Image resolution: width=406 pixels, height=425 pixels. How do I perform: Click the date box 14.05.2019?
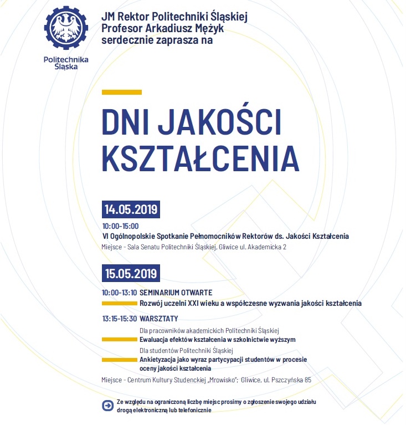pos(131,210)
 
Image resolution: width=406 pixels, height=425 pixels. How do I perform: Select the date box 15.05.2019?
pos(131,273)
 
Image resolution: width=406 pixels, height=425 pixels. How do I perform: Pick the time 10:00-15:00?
pos(120,226)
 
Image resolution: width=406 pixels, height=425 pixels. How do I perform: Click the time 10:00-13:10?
pos(119,292)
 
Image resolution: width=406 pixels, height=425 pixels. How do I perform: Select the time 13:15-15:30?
pos(119,319)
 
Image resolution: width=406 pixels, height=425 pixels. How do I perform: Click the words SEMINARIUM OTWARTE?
pos(176,292)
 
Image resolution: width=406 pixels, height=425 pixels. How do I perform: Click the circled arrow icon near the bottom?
pos(107,406)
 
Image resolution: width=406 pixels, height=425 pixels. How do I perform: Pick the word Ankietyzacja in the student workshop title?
pos(158,360)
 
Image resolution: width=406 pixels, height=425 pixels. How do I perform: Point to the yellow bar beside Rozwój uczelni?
pos(119,304)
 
